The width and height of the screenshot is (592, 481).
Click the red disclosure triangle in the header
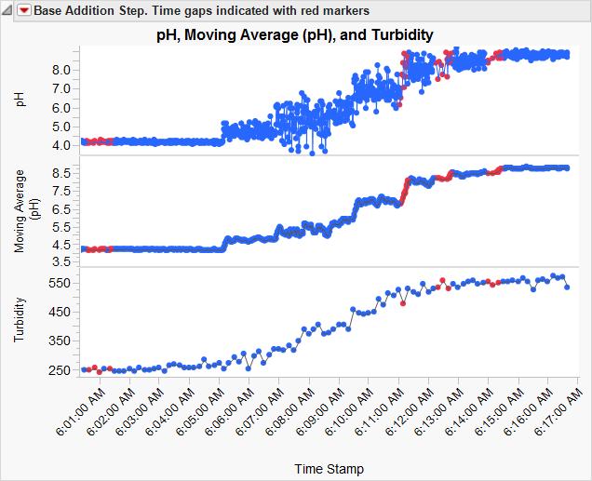[x=24, y=11]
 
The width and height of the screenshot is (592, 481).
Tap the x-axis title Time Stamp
[x=329, y=468]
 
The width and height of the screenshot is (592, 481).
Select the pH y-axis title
[x=20, y=100]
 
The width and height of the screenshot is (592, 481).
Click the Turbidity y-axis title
[x=20, y=320]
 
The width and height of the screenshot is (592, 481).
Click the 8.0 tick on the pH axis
[x=61, y=70]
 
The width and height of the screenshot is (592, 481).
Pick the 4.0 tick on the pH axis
[x=61, y=145]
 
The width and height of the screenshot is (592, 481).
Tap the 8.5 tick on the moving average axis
[x=61, y=173]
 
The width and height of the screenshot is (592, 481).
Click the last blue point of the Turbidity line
[x=567, y=287]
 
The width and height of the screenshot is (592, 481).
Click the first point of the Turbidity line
[x=84, y=370]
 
